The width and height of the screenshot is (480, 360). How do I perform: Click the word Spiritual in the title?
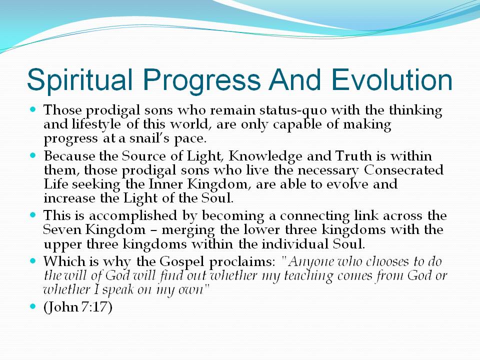click(80, 80)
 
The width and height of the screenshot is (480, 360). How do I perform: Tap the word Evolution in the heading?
click(392, 79)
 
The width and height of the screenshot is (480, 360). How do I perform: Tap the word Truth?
click(353, 156)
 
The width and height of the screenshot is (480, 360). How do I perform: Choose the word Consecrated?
click(404, 170)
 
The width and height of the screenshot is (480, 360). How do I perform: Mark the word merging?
click(188, 230)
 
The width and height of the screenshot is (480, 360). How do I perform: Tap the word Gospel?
click(182, 261)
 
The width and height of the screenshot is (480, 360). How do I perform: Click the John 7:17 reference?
click(78, 307)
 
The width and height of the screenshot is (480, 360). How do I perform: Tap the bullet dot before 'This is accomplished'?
click(33, 215)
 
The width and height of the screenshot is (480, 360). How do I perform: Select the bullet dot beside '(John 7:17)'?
click(33, 306)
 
